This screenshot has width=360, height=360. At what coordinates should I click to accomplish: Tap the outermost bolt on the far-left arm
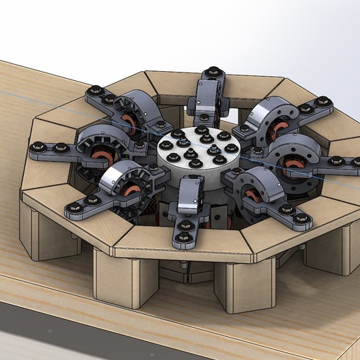[40, 147]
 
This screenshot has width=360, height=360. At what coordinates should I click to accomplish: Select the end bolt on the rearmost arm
[213, 73]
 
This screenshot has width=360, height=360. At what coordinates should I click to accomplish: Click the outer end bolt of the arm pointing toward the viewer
[183, 239]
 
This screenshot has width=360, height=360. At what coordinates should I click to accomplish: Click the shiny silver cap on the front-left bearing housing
[116, 180]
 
